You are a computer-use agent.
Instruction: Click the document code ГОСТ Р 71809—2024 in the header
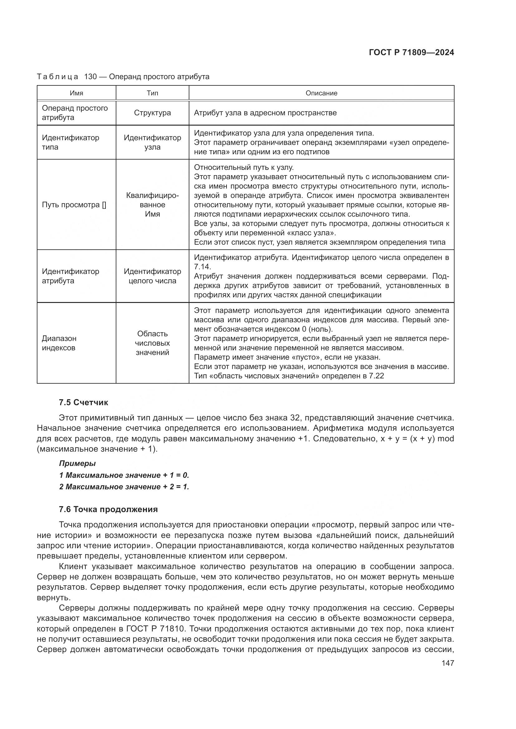(x=411, y=53)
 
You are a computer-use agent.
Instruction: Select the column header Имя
(x=76, y=93)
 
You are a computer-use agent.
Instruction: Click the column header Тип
(x=152, y=93)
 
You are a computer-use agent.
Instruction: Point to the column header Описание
(x=321, y=93)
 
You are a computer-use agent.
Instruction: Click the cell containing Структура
(x=152, y=113)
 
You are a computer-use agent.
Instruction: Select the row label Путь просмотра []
(x=74, y=205)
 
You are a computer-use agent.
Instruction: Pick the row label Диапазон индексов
(x=59, y=343)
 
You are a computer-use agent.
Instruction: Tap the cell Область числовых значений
(x=152, y=343)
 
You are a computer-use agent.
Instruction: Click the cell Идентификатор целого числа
(x=152, y=276)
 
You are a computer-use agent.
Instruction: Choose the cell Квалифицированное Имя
(x=152, y=205)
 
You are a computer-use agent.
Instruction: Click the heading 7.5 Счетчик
(x=84, y=402)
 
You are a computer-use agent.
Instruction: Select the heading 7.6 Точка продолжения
(x=108, y=509)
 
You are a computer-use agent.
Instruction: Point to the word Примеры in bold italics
(x=77, y=463)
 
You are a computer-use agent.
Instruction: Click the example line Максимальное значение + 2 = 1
(x=124, y=487)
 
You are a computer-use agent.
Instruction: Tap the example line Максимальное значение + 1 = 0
(x=124, y=475)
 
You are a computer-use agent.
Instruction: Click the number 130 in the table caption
(x=90, y=77)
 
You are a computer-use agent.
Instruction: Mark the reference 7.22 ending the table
(x=377, y=376)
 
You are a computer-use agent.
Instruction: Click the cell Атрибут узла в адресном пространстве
(x=265, y=113)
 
